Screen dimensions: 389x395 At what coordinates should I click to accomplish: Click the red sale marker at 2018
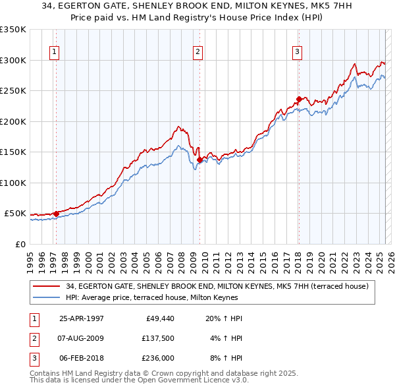pyautogui.click(x=298, y=100)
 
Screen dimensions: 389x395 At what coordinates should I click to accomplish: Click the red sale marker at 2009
pyautogui.click(x=199, y=160)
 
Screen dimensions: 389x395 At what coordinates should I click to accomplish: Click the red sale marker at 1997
pyautogui.click(x=56, y=213)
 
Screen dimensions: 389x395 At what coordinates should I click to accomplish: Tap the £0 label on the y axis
pyautogui.click(x=20, y=244)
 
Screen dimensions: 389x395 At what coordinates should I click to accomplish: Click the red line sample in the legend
pyautogui.click(x=47, y=285)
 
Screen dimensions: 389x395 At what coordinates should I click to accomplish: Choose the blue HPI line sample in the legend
pyautogui.click(x=47, y=297)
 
